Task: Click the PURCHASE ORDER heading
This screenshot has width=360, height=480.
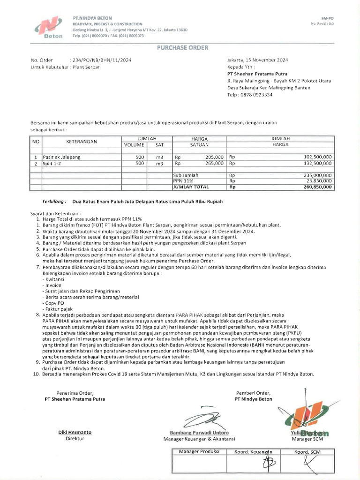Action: [180, 48]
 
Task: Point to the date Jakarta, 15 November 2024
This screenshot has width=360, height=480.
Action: [257, 60]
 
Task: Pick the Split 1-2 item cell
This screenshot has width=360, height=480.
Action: [52, 164]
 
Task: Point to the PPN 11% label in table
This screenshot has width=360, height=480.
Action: [183, 180]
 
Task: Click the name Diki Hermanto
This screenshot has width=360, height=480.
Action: [75, 432]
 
